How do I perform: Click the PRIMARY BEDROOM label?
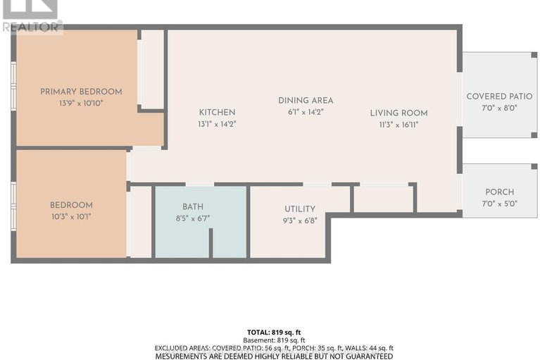(81, 92)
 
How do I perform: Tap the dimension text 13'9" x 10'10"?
(81, 103)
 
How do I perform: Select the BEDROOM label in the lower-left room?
(71, 205)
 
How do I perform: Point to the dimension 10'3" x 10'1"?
(71, 216)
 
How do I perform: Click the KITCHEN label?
(217, 112)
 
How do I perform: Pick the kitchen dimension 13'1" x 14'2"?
(217, 123)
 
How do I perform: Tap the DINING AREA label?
(306, 100)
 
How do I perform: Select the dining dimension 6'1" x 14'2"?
(306, 111)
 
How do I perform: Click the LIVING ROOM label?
(399, 113)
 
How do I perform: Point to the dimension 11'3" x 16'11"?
(399, 124)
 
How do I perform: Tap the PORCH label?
(499, 192)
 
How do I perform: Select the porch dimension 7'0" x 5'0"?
(499, 204)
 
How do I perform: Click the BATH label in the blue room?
(192, 206)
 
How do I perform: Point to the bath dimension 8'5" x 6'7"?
(192, 218)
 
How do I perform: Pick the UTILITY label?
(299, 209)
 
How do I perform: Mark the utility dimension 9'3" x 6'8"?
(299, 220)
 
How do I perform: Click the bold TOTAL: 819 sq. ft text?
(270, 331)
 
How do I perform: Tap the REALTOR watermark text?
(32, 27)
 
